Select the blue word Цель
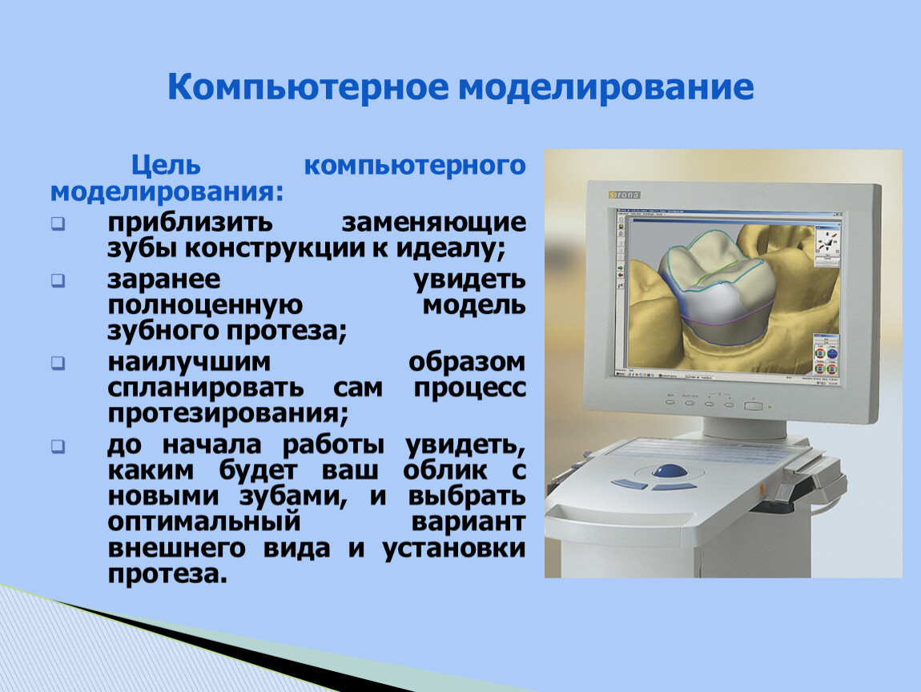[x=166, y=166]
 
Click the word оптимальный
[x=203, y=522]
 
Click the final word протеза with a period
[x=167, y=574]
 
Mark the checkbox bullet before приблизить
[x=58, y=223]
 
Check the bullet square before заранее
[x=58, y=281]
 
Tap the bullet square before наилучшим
[x=58, y=364]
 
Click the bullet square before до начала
[x=58, y=446]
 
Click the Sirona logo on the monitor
[x=624, y=195]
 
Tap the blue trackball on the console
[x=670, y=471]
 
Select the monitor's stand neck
[x=744, y=427]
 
